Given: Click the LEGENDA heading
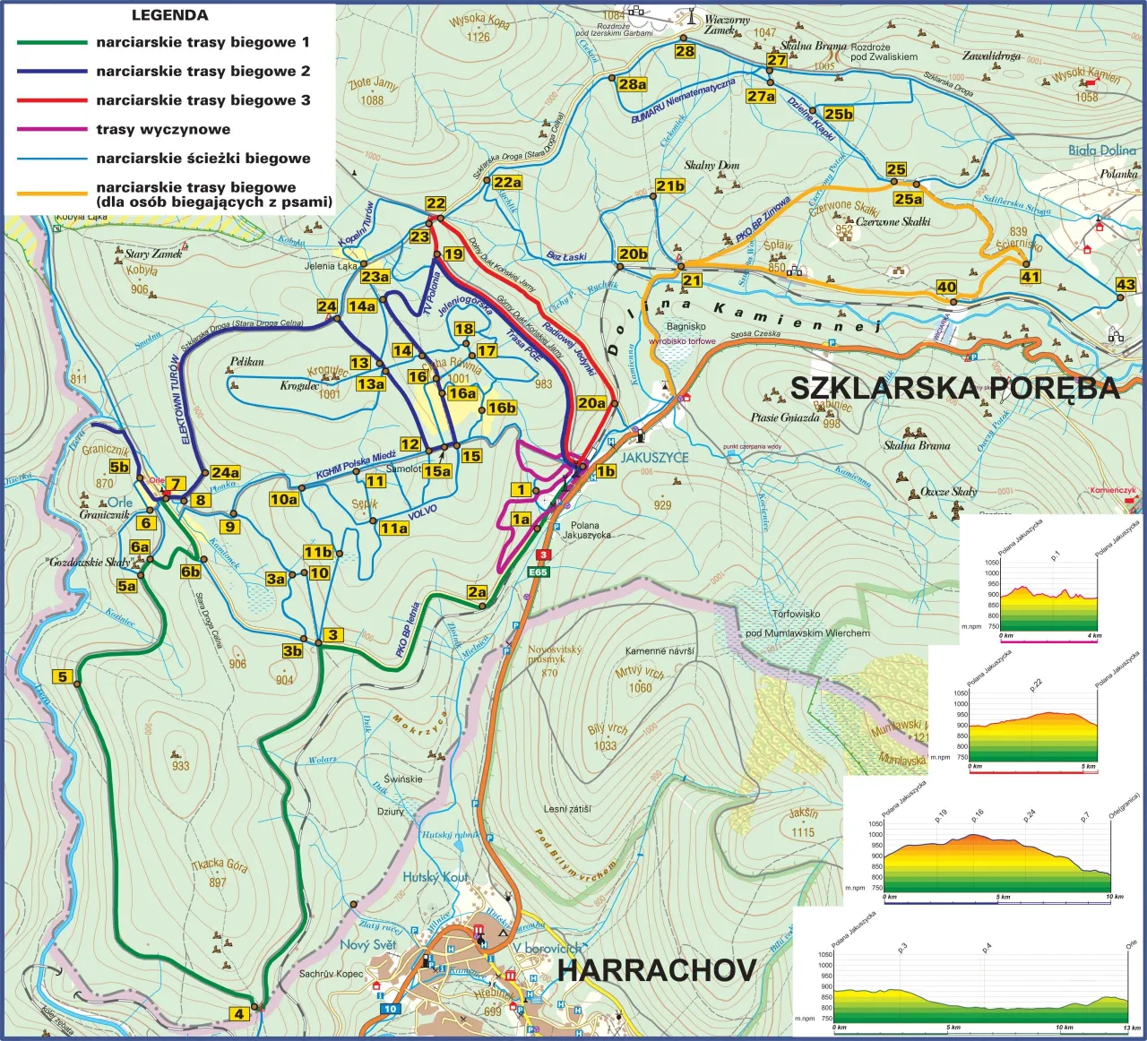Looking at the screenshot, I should pyautogui.click(x=169, y=15).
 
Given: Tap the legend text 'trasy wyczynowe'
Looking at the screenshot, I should pyautogui.click(x=163, y=129).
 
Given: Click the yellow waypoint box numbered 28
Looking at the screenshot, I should pyautogui.click(x=685, y=51).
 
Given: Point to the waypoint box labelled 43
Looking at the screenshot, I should pyautogui.click(x=1125, y=285).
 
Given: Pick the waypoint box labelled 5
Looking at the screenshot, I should pyautogui.click(x=63, y=676).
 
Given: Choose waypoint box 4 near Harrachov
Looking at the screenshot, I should pyautogui.click(x=238, y=1014).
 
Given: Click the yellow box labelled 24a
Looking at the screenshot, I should pyautogui.click(x=225, y=472).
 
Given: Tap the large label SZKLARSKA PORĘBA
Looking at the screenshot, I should pyautogui.click(x=954, y=388).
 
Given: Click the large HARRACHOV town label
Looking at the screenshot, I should pyautogui.click(x=657, y=970).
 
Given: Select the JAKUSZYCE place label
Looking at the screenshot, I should pyautogui.click(x=655, y=457).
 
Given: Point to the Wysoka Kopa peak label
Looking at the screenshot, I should pyautogui.click(x=479, y=21).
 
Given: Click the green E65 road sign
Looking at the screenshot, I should pyautogui.click(x=538, y=572).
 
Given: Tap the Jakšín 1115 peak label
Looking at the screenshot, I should pyautogui.click(x=803, y=822).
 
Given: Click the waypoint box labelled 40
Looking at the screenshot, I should pyautogui.click(x=946, y=287).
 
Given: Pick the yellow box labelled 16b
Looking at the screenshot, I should pyautogui.click(x=502, y=408).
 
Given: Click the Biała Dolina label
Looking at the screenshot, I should pyautogui.click(x=1101, y=151).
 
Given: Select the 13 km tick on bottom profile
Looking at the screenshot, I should pyautogui.click(x=1130, y=1027).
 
